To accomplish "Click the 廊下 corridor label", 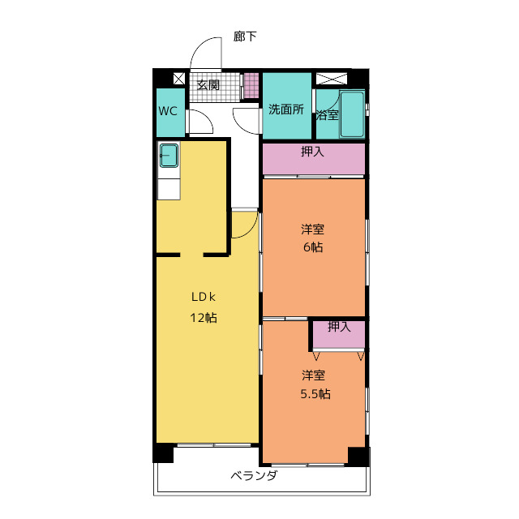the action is point(245,36).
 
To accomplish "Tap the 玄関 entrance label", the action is point(208,85).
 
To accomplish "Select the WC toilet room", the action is point(170,113).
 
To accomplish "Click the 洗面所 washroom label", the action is point(286,109).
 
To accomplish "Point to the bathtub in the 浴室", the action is point(352,114).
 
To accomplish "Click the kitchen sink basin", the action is point(169,155).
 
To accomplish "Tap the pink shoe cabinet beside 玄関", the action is point(251,85).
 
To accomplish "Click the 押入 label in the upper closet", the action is point(312,152).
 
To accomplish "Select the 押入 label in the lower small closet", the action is point(339,327).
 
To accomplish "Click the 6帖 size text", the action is point(313,247).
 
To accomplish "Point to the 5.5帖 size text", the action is point(315,394).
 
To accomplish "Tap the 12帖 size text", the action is point(204,318).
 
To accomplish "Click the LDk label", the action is point(204,297).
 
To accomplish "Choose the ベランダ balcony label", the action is point(254,476).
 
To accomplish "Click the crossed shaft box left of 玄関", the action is point(179,79).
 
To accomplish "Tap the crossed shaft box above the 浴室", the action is point(332,79).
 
